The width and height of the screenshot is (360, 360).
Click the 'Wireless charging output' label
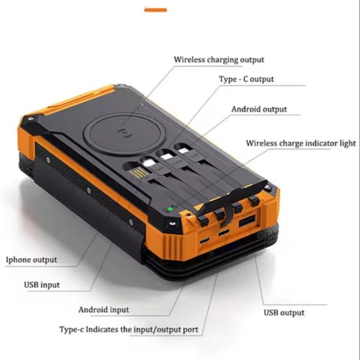coord(219,60)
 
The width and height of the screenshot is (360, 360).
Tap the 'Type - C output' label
coord(246,79)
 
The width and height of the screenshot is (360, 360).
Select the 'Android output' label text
coord(259,109)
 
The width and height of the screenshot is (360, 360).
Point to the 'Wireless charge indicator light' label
coord(301,143)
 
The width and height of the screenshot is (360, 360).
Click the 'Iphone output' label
coord(32,260)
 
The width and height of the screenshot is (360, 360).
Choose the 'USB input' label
coord(42,285)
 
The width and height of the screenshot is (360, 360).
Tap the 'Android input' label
coord(104,310)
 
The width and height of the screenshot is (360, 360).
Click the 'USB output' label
coord(284,312)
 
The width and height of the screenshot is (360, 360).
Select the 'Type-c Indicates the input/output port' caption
coord(129,330)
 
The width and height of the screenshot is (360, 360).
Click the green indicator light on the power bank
coord(170,209)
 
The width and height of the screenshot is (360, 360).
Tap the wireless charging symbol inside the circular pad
coord(125,133)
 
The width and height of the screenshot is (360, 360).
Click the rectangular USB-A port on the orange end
coord(247,221)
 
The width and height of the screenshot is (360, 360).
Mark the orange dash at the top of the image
coord(156,10)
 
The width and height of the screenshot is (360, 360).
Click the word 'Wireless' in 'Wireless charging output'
coord(189,59)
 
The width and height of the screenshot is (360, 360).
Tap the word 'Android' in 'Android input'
coord(93,310)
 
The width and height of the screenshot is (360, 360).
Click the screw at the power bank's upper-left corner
coord(31,119)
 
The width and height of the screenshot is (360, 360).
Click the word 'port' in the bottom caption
coord(191,330)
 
